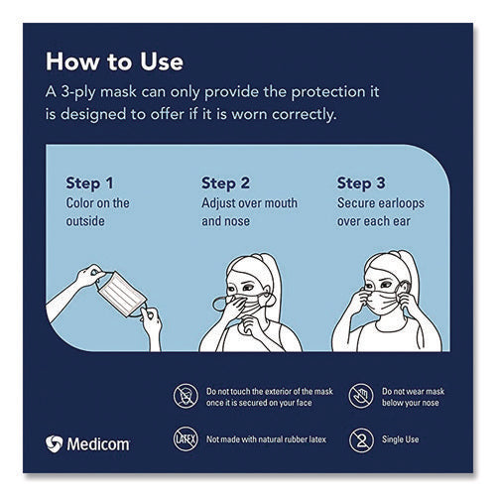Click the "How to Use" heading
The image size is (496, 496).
tap(114, 62)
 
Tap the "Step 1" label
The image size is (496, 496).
tap(89, 184)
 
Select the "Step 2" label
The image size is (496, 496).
tap(225, 184)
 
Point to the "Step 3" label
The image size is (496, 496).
tap(361, 184)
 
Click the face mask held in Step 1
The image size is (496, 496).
tap(122, 295)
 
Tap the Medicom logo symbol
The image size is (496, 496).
tap(54, 443)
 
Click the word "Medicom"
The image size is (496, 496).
tap(98, 444)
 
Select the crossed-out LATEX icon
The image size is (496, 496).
tap(186, 439)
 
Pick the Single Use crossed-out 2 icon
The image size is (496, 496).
tap(361, 440)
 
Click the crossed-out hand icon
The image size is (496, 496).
tap(361, 396)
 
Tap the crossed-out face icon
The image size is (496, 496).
tap(186, 396)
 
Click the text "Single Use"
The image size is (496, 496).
tap(400, 439)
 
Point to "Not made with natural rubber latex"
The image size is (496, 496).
tap(266, 439)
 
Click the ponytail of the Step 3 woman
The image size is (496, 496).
tap(410, 270)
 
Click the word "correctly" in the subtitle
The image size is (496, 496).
tap(305, 115)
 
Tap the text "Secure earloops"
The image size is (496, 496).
tap(381, 203)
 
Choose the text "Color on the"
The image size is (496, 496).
tap(97, 203)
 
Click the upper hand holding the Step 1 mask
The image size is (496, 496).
tap(90, 275)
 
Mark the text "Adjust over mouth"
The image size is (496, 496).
tap(249, 203)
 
